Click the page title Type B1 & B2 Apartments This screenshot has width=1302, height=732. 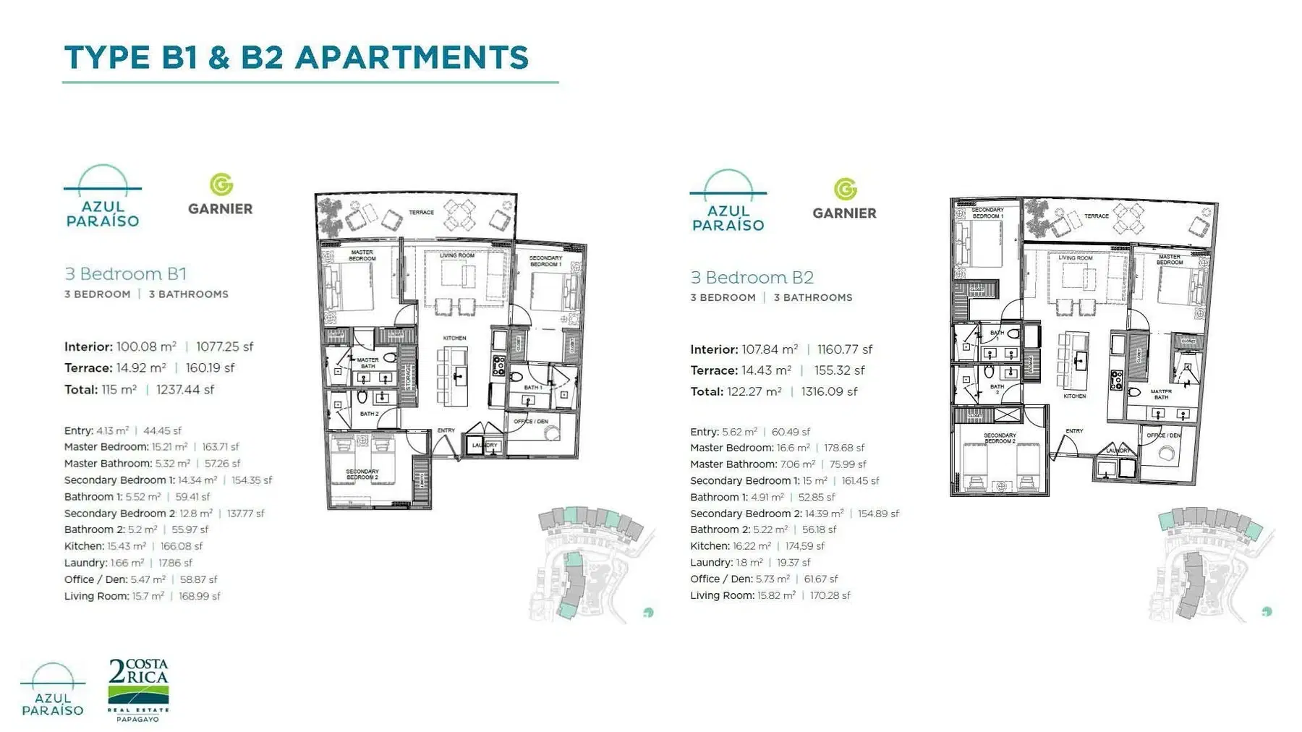297,58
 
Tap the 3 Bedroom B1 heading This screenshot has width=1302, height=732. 125,274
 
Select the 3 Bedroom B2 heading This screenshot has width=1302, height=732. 752,278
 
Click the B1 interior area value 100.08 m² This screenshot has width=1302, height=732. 146,347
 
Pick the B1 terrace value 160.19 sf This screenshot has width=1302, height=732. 210,368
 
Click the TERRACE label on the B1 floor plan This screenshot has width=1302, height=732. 421,213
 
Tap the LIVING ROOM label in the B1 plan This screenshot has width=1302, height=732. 457,255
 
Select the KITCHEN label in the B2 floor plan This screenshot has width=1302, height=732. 1074,396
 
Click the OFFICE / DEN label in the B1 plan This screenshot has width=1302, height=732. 531,422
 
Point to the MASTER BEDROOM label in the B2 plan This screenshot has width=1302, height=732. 1169,260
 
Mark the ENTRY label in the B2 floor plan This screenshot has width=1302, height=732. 1074,431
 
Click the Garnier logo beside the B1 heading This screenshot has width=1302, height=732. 221,195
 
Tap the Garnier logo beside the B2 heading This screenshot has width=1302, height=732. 844,199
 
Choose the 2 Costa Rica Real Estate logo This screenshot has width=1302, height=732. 138,689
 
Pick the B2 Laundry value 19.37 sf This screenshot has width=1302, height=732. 793,563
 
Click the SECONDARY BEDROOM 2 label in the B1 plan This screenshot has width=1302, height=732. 362,474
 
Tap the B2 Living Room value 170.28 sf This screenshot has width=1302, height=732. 830,596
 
